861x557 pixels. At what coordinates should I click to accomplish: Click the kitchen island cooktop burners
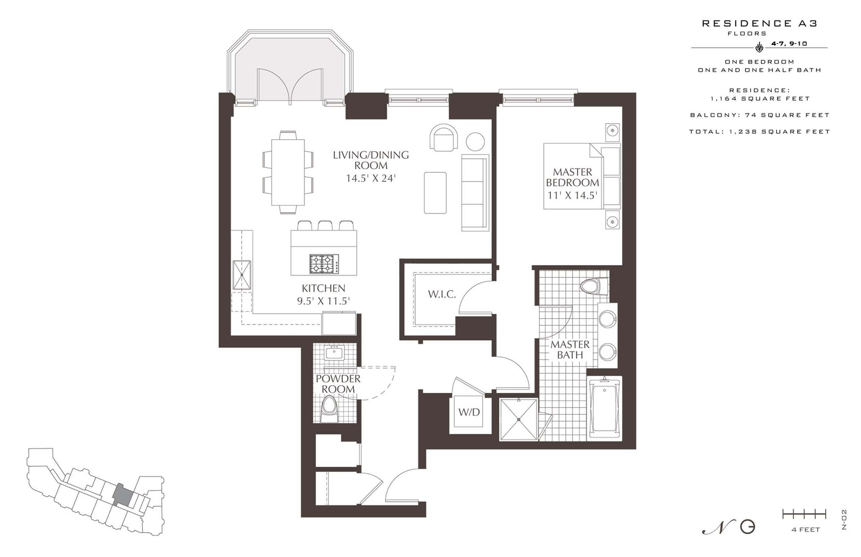click(x=324, y=264)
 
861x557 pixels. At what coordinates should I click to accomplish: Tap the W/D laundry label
click(x=469, y=413)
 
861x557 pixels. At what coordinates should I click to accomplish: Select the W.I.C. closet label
click(x=442, y=294)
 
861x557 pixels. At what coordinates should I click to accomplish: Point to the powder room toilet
click(x=329, y=409)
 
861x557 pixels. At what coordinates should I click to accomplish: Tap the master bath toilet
click(x=594, y=286)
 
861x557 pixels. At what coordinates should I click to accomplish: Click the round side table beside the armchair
click(x=476, y=142)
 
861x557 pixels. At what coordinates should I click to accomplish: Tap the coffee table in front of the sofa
click(x=435, y=192)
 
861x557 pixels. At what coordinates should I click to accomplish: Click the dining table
click(x=288, y=173)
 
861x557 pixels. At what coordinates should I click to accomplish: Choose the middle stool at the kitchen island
click(x=325, y=226)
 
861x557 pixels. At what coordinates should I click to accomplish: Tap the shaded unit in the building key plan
click(x=123, y=495)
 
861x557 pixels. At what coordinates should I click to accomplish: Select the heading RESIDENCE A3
click(x=759, y=24)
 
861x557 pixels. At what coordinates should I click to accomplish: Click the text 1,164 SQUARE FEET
click(x=760, y=99)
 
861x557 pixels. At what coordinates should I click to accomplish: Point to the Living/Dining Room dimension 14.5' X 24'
click(x=370, y=178)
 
